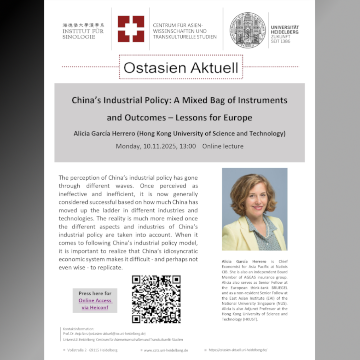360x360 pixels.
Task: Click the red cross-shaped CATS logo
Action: (x=131, y=29)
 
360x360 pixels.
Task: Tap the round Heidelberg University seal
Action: (x=247, y=30)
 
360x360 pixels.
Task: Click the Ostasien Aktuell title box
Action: (x=181, y=67)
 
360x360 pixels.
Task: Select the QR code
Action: (x=156, y=299)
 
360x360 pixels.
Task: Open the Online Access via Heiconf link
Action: (x=95, y=304)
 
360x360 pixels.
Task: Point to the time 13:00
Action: (x=189, y=146)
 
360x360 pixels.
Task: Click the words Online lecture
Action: (x=223, y=146)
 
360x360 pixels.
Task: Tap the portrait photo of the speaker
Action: (x=254, y=209)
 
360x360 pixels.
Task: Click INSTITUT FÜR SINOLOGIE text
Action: (x=83, y=34)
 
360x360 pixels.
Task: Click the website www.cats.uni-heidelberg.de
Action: (x=166, y=350)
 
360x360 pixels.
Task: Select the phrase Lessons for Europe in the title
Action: (x=219, y=118)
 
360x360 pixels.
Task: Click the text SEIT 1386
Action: (x=281, y=41)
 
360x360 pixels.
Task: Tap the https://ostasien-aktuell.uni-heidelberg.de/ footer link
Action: (x=238, y=350)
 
